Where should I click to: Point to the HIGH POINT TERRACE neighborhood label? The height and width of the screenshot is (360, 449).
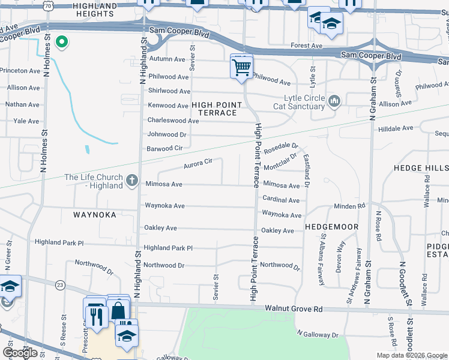(217, 109)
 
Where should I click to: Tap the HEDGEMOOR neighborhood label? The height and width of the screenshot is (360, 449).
(331, 227)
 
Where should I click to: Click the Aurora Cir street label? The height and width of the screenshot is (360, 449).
(199, 162)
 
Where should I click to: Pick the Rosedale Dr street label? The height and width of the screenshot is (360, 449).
(281, 146)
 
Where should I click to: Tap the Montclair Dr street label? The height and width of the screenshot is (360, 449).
(280, 161)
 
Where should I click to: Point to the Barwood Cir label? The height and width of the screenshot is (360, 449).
(164, 148)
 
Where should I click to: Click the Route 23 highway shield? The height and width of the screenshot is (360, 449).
(60, 284)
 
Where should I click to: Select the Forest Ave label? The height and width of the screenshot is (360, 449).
(307, 46)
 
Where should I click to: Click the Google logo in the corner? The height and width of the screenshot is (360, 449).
(20, 353)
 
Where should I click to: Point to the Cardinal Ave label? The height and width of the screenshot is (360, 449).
(281, 200)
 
